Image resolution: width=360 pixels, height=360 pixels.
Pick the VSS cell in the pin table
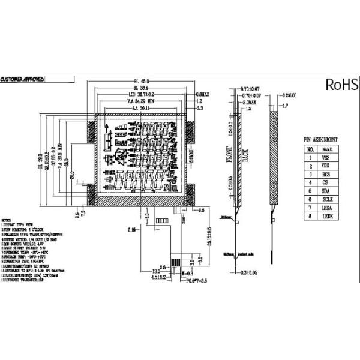click(327, 157)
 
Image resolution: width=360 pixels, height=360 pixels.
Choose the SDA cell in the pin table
click(327, 188)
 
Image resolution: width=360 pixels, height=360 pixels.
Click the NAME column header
click(327, 148)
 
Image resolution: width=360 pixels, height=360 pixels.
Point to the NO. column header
click(310, 148)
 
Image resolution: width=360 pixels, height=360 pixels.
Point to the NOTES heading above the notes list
click(9, 221)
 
